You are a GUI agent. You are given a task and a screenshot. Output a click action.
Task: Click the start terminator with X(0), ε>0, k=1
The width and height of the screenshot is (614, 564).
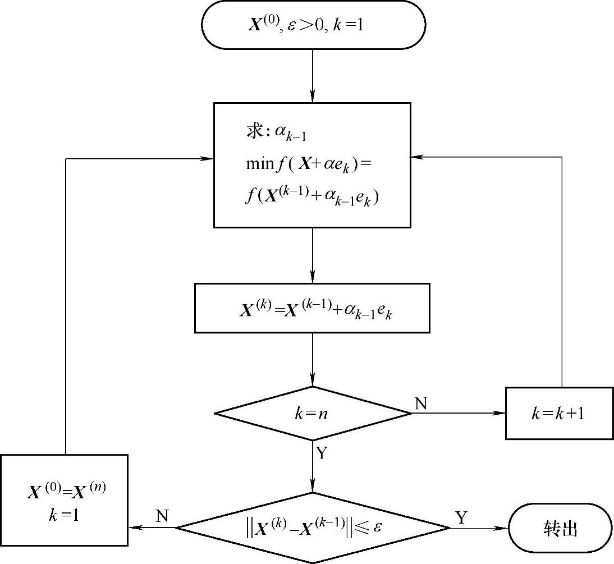point(313,25)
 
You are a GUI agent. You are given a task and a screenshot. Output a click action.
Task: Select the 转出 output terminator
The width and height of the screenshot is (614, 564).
point(560,528)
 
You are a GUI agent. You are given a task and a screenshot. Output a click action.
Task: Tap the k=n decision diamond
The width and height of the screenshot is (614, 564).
point(313,414)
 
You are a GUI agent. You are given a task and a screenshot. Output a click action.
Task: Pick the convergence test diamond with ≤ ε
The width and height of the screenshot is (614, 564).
point(313,528)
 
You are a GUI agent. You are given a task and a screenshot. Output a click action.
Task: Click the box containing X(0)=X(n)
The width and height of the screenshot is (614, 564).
point(64,499)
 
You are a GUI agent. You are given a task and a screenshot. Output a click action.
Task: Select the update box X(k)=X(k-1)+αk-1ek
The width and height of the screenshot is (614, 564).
point(312,308)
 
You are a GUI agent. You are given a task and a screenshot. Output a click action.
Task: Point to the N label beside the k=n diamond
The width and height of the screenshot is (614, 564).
point(421,403)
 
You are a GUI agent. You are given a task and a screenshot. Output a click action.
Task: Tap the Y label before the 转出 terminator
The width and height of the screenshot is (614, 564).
point(461,517)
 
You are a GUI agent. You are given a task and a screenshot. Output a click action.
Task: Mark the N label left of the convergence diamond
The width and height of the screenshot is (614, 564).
point(162,516)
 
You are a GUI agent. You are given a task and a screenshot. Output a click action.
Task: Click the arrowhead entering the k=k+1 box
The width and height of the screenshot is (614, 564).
point(500,414)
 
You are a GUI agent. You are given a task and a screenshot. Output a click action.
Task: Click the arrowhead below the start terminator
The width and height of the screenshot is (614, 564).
point(313,97)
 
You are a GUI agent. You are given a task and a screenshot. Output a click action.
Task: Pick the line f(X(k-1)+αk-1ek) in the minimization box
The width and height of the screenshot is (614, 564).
point(312,197)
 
